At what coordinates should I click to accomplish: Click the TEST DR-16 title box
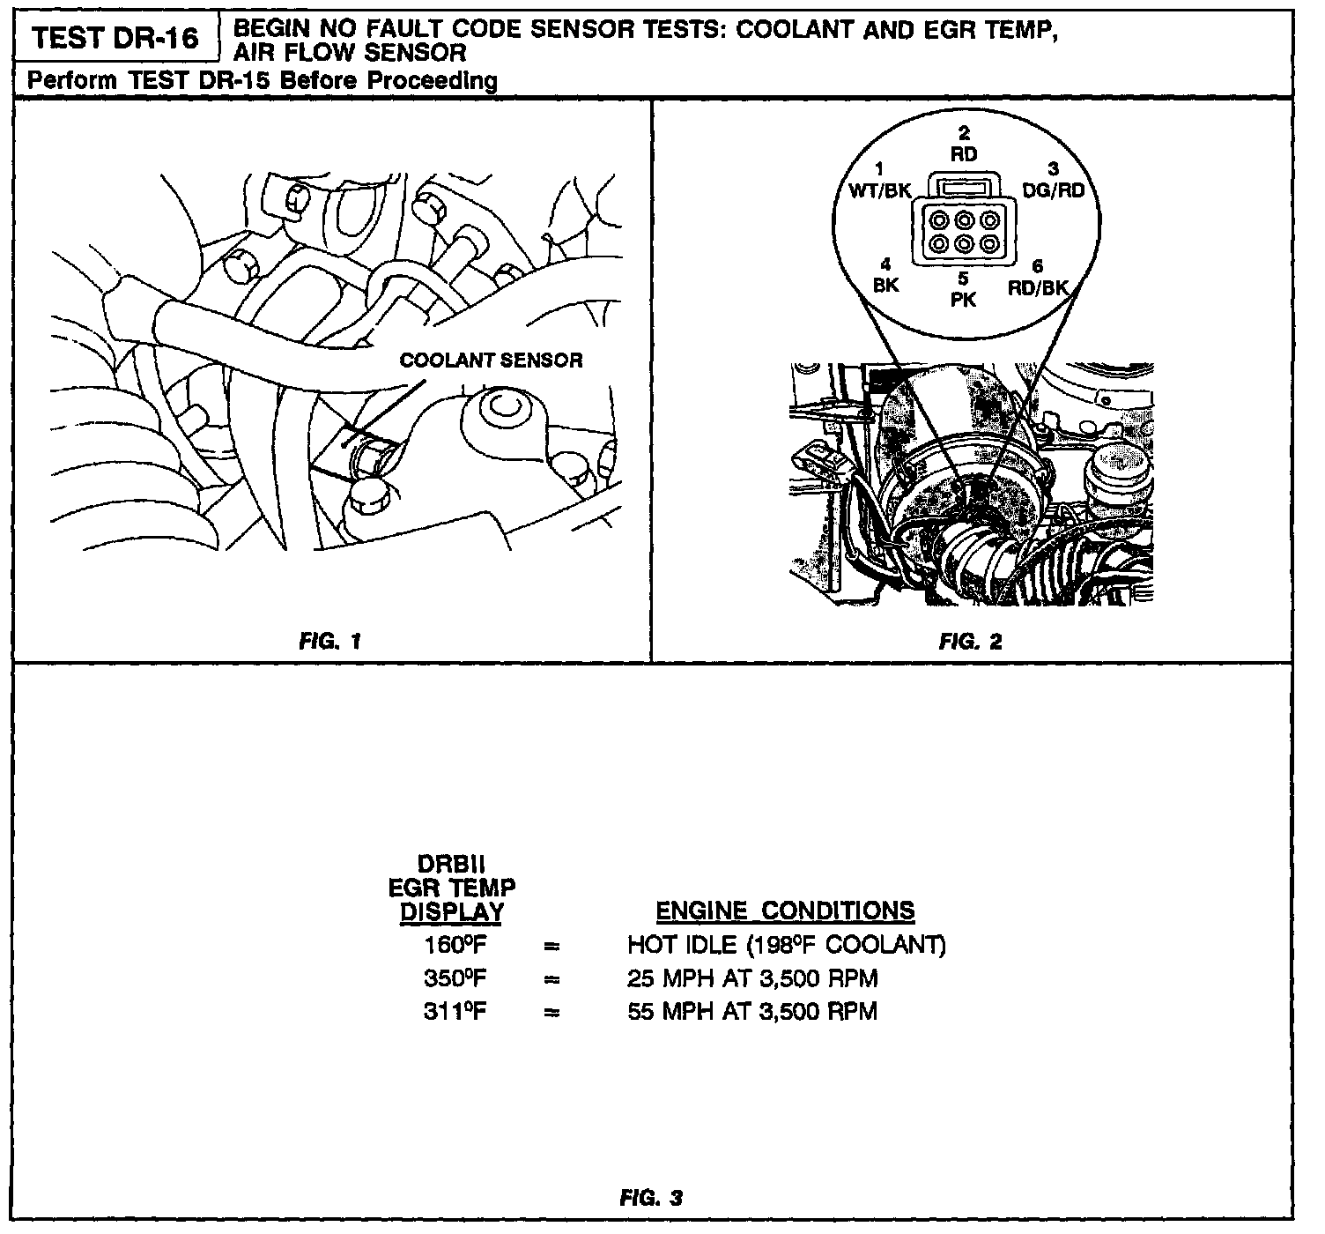click(x=115, y=40)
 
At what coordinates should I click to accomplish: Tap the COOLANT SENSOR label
click(x=491, y=361)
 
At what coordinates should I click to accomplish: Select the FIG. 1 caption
click(x=330, y=642)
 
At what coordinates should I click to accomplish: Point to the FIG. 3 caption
click(x=651, y=1198)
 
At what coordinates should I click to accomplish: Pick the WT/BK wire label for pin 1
click(x=878, y=190)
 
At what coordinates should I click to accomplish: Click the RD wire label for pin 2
click(x=964, y=154)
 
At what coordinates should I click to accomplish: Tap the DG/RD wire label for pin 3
click(x=1053, y=190)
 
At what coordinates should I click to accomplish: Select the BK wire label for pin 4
click(x=885, y=286)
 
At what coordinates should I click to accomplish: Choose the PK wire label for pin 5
click(x=964, y=300)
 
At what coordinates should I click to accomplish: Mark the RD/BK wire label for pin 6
click(x=1038, y=287)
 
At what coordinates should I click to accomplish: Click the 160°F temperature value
click(x=455, y=946)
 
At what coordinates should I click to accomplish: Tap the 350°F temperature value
click(x=455, y=978)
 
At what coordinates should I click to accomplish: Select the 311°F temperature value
click(x=455, y=1011)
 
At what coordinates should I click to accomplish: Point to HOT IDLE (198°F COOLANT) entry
click(x=786, y=946)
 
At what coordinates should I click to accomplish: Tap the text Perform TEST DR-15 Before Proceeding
click(x=263, y=81)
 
